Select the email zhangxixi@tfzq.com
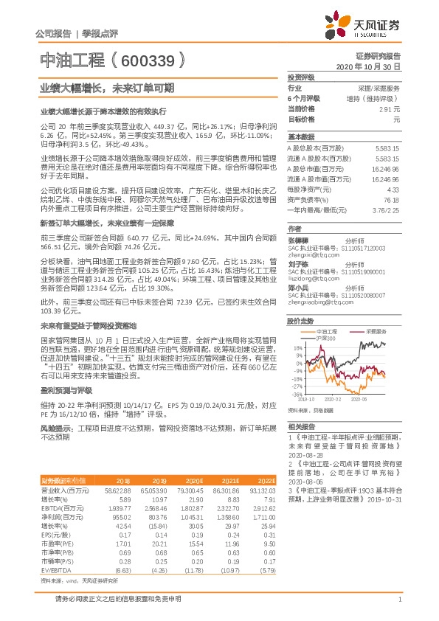310,254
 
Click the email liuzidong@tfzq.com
309,280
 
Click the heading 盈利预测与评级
62,389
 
